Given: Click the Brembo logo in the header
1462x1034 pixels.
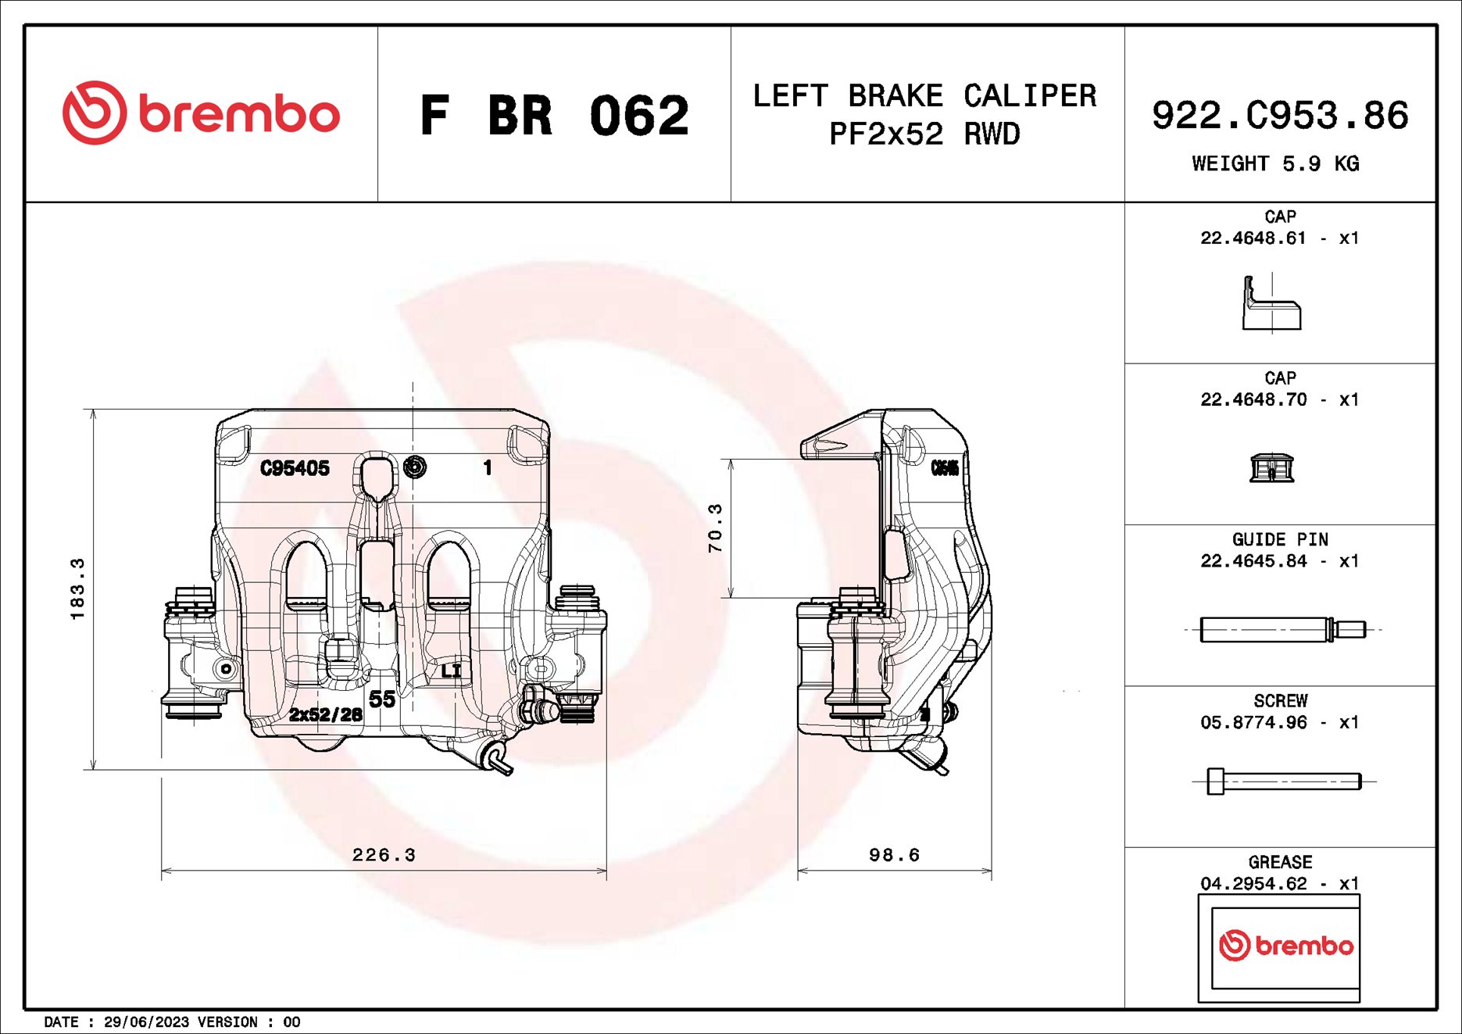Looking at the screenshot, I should click(201, 114).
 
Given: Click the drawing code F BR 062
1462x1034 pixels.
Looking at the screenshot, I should click(554, 116).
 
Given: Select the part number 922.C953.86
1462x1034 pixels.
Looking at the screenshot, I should click(1279, 116).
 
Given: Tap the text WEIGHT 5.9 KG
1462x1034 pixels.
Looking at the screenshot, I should click(1274, 164).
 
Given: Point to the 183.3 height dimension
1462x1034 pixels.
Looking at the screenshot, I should click(77, 589).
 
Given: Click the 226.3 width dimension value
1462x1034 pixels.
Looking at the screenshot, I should click(384, 855).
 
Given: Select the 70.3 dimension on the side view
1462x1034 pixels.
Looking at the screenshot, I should click(715, 528).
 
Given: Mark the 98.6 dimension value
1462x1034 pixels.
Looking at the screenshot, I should click(894, 855).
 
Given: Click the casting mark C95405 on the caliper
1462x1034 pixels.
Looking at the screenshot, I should click(295, 468).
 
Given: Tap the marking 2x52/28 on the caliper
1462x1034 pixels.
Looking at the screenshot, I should click(325, 714).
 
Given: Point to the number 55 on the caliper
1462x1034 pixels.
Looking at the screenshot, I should click(382, 699).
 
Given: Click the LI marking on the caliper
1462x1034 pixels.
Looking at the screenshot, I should click(451, 671).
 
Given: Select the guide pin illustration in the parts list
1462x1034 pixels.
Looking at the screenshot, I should click(1281, 629).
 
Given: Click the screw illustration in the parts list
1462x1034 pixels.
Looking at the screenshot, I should click(1282, 781).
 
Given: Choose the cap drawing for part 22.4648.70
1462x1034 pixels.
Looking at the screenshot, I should click(1271, 467).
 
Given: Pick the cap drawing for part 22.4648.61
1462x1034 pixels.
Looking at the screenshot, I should click(1271, 305).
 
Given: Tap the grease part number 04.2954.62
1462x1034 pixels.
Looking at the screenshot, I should click(1253, 884).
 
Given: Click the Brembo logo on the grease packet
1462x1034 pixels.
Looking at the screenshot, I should click(1285, 946).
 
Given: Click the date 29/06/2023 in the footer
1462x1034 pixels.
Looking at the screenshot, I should click(146, 1022).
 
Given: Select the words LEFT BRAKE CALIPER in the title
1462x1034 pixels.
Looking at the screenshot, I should click(924, 96).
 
